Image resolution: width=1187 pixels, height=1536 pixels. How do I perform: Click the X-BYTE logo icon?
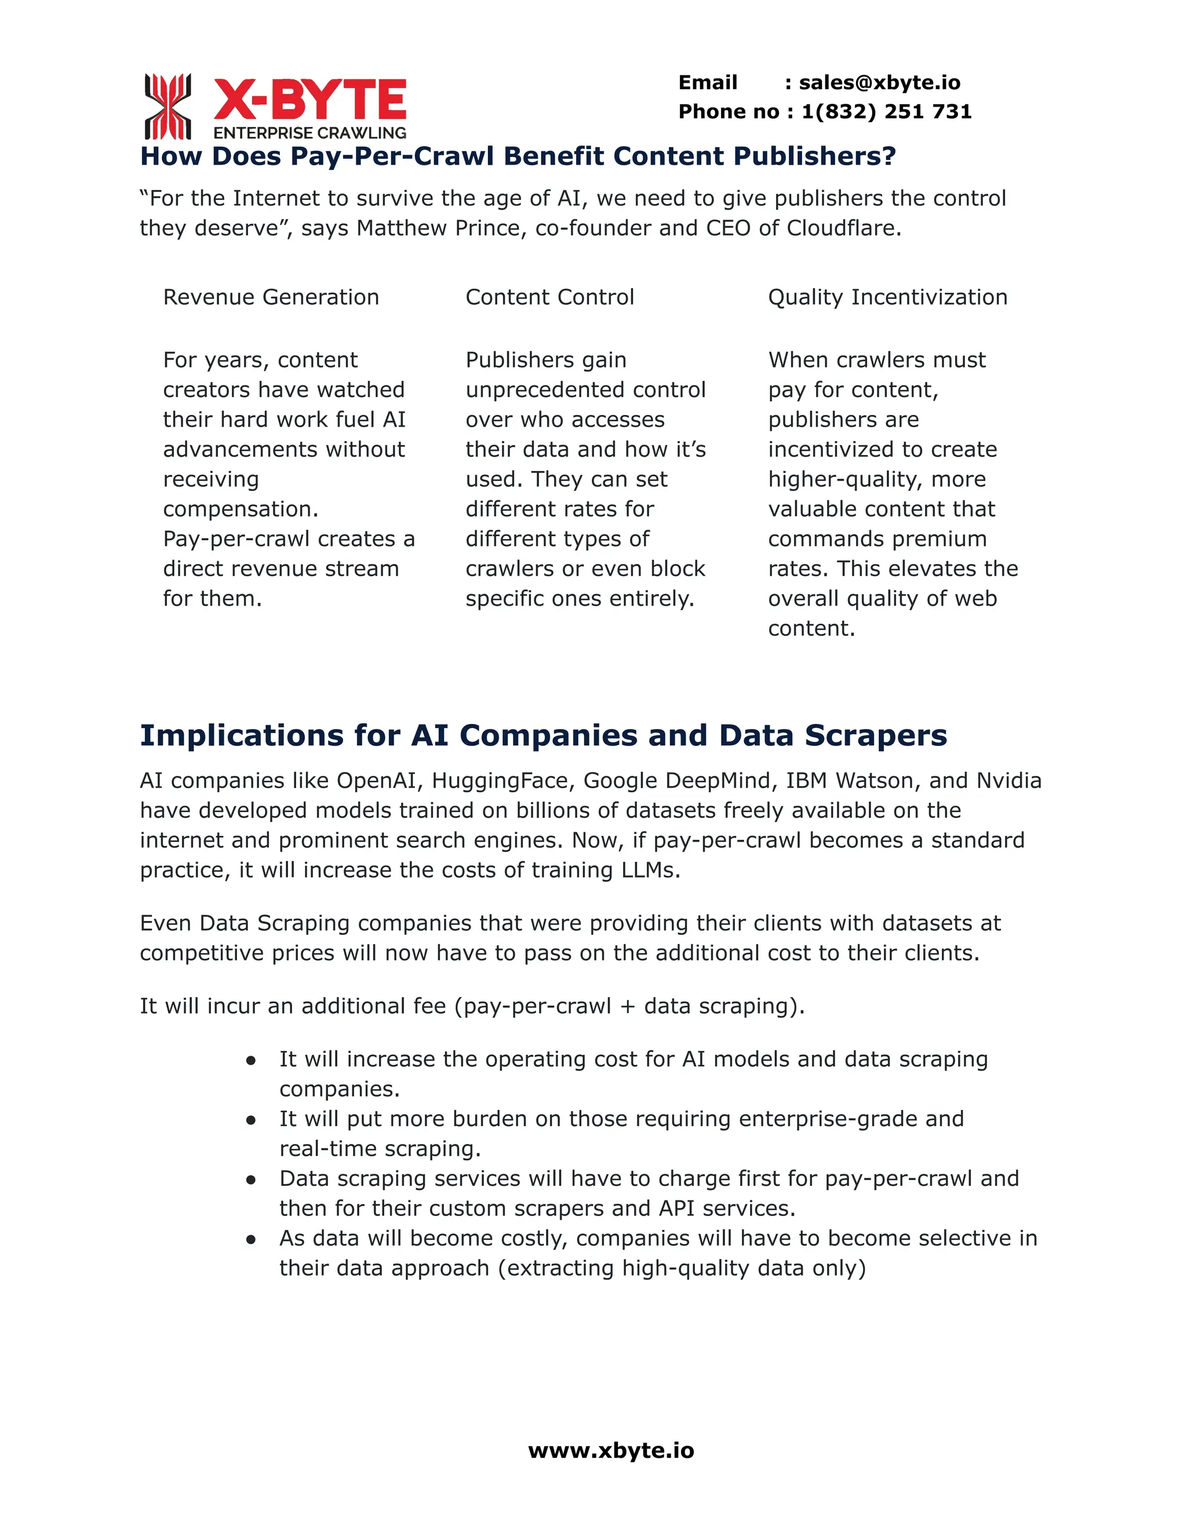click(x=168, y=106)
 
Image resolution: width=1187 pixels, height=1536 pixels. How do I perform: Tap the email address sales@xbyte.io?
click(x=879, y=83)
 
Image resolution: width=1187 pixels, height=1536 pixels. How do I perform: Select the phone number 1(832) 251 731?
click(x=886, y=112)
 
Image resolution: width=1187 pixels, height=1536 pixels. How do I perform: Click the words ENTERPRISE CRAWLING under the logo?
click(x=310, y=133)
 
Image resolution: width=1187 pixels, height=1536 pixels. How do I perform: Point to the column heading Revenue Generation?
click(x=271, y=297)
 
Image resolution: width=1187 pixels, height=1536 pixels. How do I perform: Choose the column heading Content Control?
click(x=549, y=297)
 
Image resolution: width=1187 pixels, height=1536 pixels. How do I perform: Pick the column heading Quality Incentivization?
click(x=887, y=297)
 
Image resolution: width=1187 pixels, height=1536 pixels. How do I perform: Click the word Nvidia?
click(x=1008, y=781)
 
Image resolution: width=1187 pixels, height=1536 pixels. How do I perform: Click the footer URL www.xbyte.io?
click(x=610, y=1451)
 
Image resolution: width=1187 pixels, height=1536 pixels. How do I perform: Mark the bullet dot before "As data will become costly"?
click(x=250, y=1240)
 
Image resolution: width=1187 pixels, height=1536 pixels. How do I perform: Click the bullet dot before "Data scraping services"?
click(x=250, y=1180)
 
